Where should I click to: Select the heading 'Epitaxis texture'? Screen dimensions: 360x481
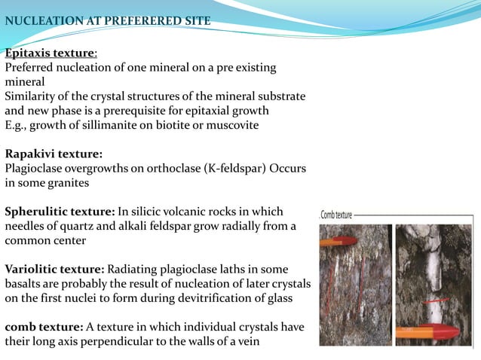click(x=50, y=53)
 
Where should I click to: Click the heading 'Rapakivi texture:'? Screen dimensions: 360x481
click(x=54, y=154)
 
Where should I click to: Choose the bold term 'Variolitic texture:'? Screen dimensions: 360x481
click(x=55, y=269)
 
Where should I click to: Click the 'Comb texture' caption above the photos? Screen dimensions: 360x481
click(x=337, y=215)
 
